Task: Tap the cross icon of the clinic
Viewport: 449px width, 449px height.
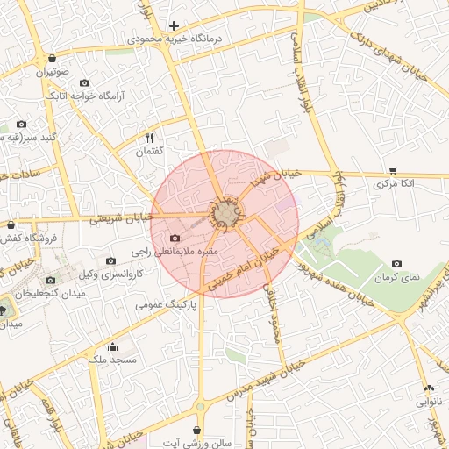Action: (x=174, y=25)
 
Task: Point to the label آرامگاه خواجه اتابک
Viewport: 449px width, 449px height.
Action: (x=85, y=94)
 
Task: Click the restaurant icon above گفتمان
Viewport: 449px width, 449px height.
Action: (x=149, y=139)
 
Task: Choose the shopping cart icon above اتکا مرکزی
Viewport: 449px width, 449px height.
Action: (x=393, y=170)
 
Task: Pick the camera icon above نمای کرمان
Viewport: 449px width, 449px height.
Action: (x=397, y=263)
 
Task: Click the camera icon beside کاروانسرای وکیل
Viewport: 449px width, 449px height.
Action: (x=110, y=261)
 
